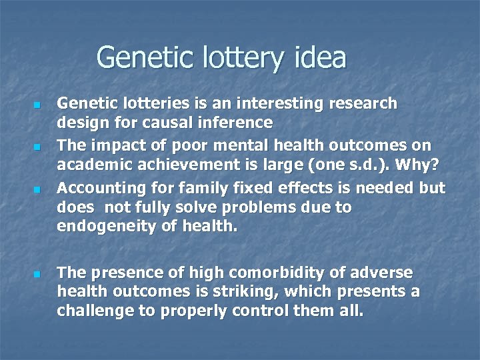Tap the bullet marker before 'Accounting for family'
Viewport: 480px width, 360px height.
pos(37,190)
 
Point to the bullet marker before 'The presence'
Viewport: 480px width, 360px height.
pos(37,274)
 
